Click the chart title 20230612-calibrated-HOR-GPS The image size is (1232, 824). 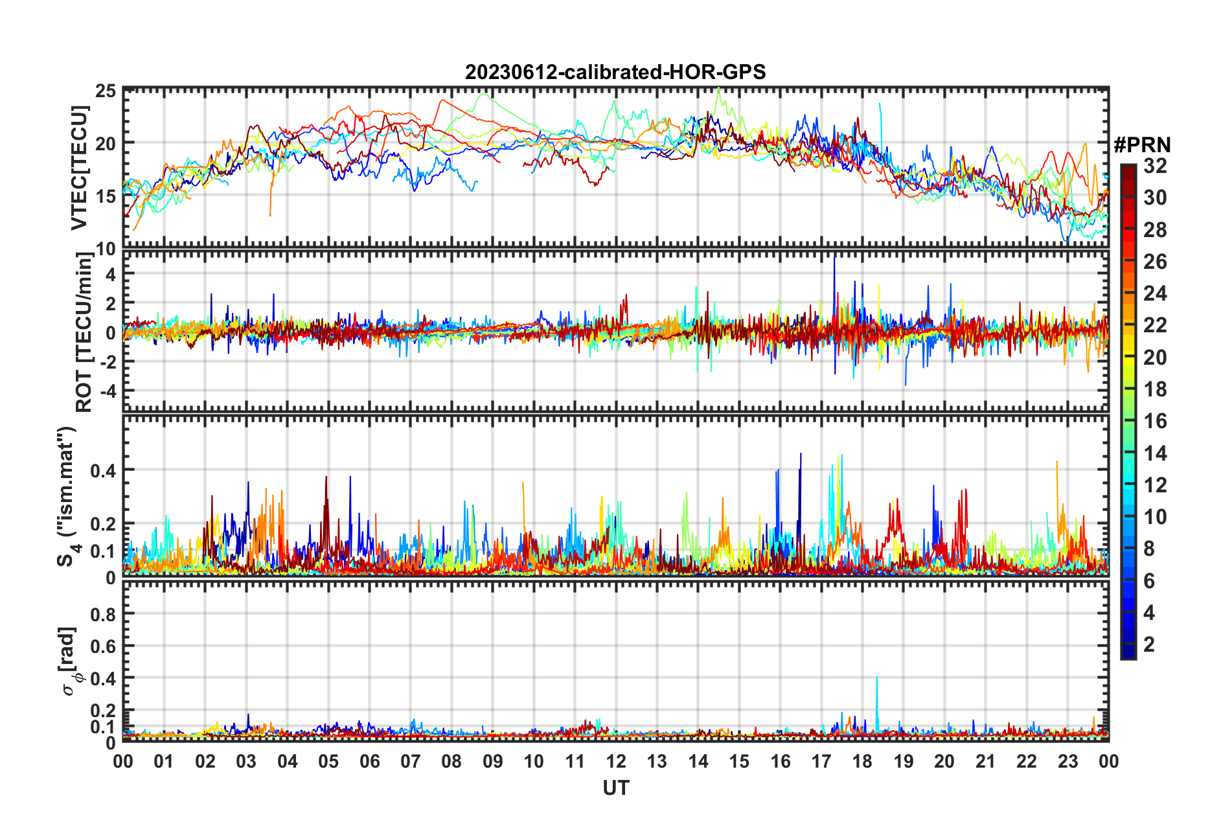click(x=615, y=72)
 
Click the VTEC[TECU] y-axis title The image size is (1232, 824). click(x=79, y=168)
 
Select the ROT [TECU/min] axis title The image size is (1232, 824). click(x=84, y=332)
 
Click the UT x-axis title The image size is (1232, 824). click(x=615, y=788)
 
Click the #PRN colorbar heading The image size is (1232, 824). click(x=1142, y=145)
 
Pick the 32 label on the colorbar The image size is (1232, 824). click(x=1154, y=166)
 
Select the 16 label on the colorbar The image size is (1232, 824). click(x=1154, y=422)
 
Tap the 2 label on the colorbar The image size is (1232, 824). click(x=1149, y=645)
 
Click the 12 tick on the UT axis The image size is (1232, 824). click(x=616, y=761)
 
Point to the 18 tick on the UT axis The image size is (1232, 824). click(x=862, y=761)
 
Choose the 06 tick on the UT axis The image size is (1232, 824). click(x=370, y=761)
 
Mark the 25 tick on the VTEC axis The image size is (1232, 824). click(x=106, y=91)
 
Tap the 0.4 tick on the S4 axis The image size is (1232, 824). click(x=104, y=470)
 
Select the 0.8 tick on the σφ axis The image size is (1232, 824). click(x=104, y=614)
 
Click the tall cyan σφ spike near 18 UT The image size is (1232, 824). click(x=877, y=678)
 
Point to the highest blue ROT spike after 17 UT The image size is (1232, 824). click(x=834, y=259)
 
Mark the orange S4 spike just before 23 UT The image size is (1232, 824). click(x=1057, y=463)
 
